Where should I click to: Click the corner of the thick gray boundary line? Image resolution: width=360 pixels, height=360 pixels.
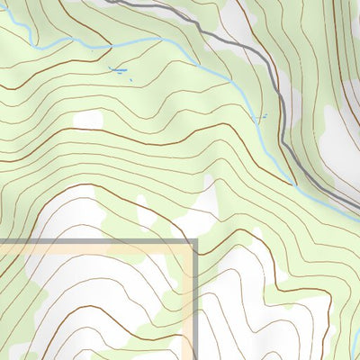click(x=194, y=241)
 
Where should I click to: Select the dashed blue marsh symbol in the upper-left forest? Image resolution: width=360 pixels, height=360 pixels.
click(x=118, y=68)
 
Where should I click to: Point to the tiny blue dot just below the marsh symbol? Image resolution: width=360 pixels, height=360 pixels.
click(x=130, y=80)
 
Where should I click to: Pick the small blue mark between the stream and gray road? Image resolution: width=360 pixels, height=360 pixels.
click(x=260, y=118)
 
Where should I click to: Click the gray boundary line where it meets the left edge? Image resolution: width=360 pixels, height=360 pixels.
click(x=1, y=241)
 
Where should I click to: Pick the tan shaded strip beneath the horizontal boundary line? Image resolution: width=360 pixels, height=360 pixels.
click(x=90, y=249)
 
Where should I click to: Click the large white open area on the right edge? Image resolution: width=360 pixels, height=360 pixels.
click(x=342, y=135)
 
